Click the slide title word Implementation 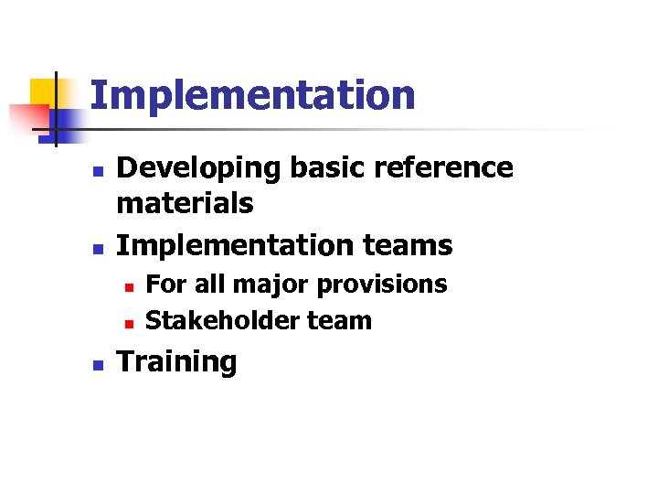(252, 95)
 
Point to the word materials (185, 203)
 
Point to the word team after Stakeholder (340, 321)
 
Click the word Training (176, 362)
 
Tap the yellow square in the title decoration (43, 91)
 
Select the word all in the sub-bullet (212, 285)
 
